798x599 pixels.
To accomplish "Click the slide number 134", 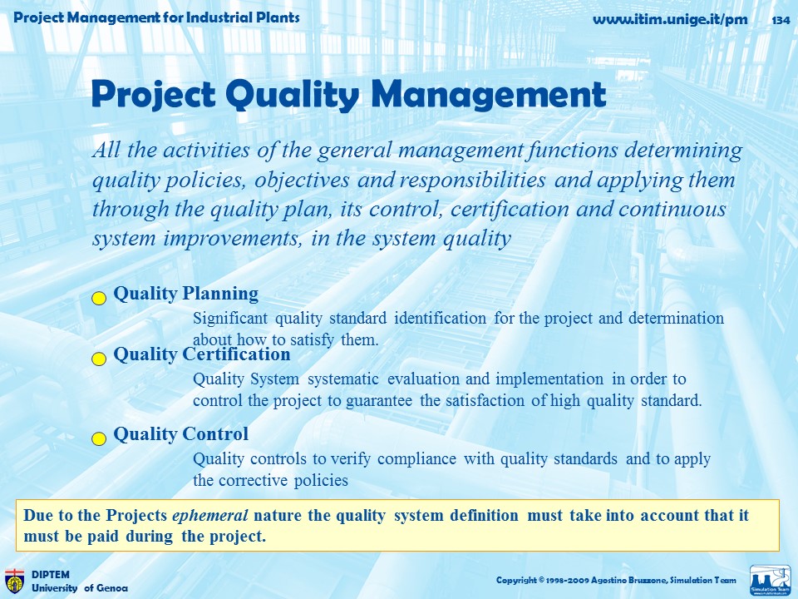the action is click(781, 20).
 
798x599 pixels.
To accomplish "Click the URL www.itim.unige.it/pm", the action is click(670, 20).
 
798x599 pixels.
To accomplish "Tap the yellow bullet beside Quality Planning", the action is click(99, 298).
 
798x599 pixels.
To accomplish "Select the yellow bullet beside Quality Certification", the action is click(99, 359).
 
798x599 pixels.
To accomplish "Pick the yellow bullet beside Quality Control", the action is click(99, 438).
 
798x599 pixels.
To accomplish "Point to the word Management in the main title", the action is click(489, 95).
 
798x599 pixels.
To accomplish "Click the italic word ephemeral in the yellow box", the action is click(210, 516).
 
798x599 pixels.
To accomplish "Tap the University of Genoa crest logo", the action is click(14, 582).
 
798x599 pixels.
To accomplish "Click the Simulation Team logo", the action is click(771, 580).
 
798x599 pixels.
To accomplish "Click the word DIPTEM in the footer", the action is click(51, 575).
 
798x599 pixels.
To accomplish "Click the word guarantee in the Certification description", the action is click(379, 401).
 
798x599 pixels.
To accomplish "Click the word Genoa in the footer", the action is click(112, 588).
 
